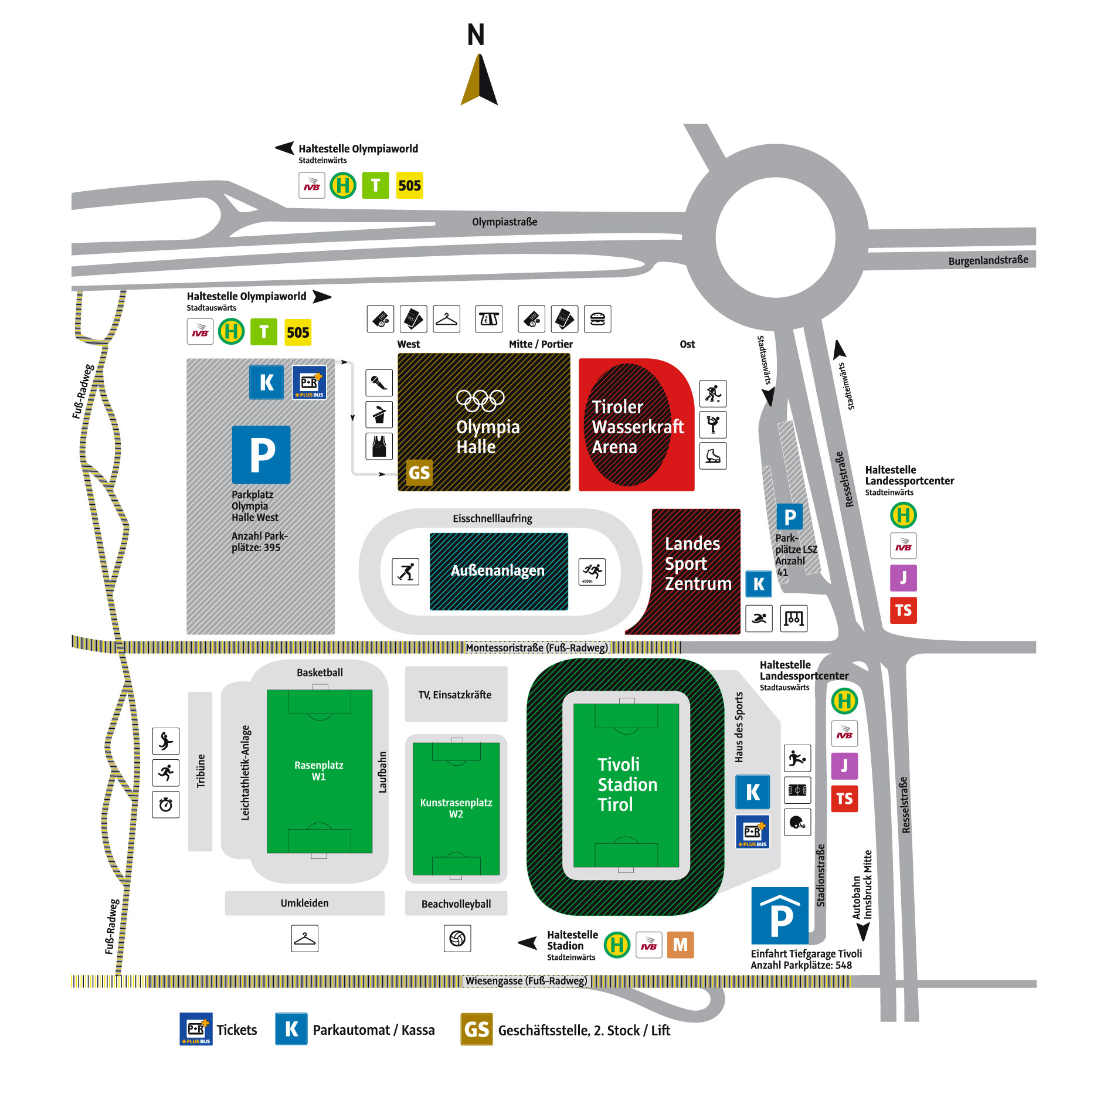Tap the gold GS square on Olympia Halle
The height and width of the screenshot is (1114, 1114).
(x=419, y=473)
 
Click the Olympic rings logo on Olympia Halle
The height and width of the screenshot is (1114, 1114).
(x=480, y=400)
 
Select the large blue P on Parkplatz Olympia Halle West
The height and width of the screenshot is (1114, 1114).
(x=261, y=454)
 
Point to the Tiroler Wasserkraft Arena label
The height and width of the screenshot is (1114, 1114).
(x=638, y=427)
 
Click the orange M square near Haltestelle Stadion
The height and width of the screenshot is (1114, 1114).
(x=680, y=945)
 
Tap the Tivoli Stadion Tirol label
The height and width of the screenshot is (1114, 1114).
(x=627, y=784)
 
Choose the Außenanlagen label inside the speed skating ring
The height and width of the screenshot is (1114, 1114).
(x=498, y=570)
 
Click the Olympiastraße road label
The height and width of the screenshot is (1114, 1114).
(x=505, y=222)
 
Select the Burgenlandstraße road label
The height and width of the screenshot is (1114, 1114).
(x=988, y=260)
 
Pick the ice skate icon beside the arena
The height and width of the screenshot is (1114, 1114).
(x=713, y=456)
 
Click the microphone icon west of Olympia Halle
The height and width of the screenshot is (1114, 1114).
(x=379, y=383)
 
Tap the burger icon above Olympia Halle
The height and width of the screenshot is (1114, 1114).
(x=597, y=319)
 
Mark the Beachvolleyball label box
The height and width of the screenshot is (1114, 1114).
(x=456, y=904)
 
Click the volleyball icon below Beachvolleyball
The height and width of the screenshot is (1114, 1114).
(x=457, y=939)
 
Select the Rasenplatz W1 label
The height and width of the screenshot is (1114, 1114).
(x=319, y=771)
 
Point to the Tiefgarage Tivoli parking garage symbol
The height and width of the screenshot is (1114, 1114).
(x=780, y=915)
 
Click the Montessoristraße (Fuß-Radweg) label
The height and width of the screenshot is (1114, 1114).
(x=537, y=647)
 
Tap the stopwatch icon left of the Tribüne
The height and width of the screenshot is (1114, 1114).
(x=166, y=804)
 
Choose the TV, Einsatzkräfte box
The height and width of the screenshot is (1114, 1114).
(x=456, y=694)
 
